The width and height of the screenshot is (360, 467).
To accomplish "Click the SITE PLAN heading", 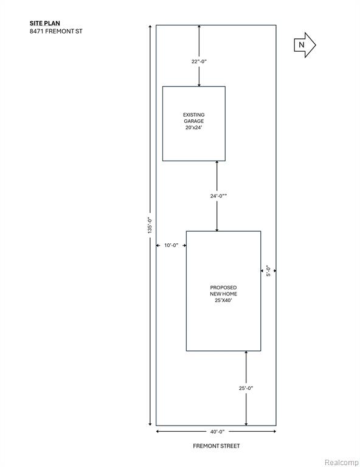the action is [x=44, y=23].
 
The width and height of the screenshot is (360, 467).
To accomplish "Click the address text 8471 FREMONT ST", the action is [x=56, y=31].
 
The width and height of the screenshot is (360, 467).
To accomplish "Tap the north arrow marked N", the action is [x=305, y=45].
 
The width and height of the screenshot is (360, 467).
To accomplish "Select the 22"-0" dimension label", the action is [x=199, y=61].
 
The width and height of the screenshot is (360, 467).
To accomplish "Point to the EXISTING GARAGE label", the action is [x=194, y=118].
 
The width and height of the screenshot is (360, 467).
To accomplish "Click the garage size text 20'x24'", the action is [x=194, y=128].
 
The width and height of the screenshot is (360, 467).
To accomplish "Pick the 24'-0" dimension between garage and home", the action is [x=218, y=196].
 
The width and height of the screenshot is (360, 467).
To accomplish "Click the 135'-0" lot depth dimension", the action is [x=150, y=225].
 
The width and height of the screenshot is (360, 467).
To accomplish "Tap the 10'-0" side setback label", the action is [x=171, y=246].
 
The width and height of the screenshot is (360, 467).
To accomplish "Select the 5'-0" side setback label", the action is [x=269, y=271].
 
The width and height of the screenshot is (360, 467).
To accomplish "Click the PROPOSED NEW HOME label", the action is [x=223, y=291].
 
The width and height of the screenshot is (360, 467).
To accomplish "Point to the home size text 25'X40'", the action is [x=223, y=300].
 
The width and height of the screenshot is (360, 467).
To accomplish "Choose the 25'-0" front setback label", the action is [x=246, y=388].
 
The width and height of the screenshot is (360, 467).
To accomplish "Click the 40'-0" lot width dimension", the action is [x=217, y=432].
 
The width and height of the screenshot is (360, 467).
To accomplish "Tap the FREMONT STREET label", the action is [x=216, y=446].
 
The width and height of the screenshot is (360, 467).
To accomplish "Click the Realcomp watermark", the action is [x=341, y=463].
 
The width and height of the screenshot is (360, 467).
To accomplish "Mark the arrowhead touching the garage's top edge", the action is [x=199, y=85].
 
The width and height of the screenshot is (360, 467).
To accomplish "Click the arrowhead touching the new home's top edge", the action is [x=216, y=229].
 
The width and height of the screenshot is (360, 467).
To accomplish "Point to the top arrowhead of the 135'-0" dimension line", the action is [x=150, y=27].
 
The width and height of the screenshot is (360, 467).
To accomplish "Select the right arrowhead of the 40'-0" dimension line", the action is [x=274, y=431].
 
